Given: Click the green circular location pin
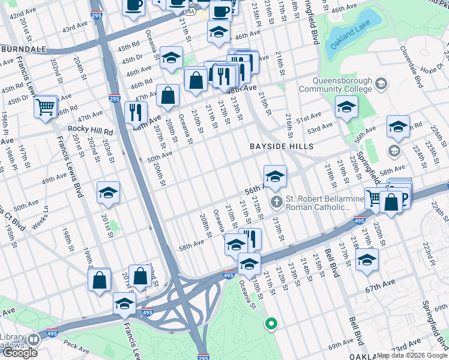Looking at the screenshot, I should (271, 325).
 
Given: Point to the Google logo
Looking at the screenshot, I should (20, 353).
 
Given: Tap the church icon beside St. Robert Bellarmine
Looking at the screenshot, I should (276, 201).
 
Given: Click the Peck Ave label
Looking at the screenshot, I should (76, 346).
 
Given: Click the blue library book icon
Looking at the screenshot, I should (33, 339).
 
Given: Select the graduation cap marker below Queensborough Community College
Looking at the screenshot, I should (346, 108).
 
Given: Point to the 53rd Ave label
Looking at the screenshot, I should (320, 127).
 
